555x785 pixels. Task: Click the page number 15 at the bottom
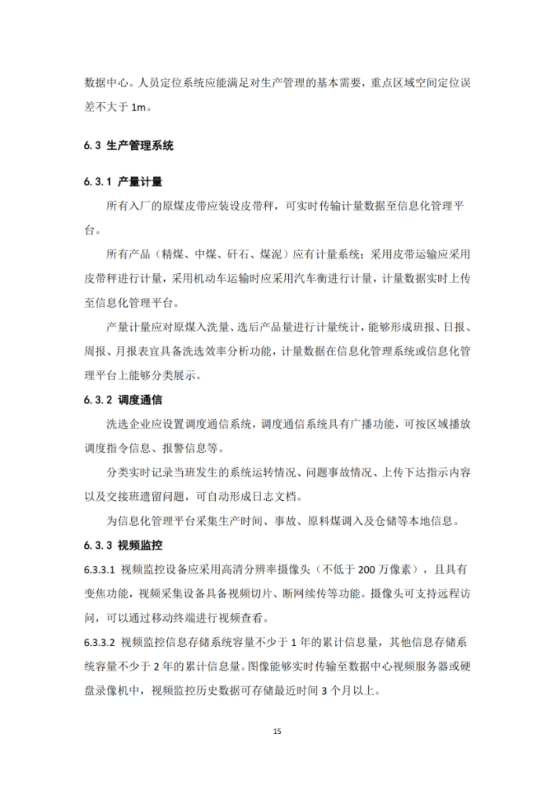click(277, 731)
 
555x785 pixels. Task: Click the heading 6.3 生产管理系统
click(128, 145)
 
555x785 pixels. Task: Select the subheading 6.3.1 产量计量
click(123, 182)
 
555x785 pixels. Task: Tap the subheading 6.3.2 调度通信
click(123, 400)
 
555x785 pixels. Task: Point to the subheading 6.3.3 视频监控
click(123, 544)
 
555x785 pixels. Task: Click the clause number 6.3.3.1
click(100, 568)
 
